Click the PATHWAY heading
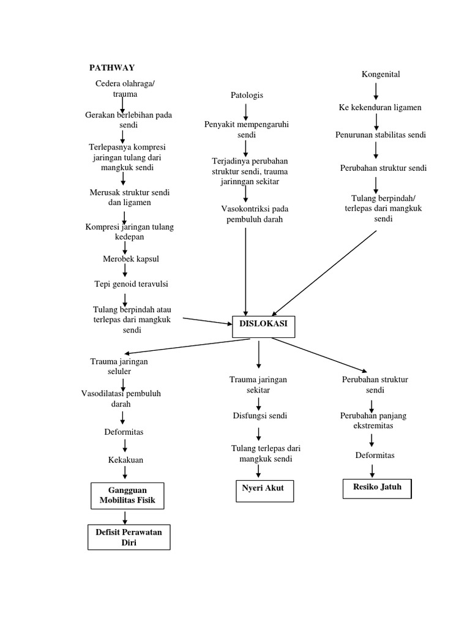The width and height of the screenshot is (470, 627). coord(112,67)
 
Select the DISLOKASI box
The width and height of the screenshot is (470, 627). coord(264,326)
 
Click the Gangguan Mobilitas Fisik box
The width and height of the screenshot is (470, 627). coord(128,495)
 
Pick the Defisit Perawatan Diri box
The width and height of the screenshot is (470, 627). coord(129,537)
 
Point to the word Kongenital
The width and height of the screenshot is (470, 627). coord(381,75)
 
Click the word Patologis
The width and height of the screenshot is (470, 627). coord(247,95)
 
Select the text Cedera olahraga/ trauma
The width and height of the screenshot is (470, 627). coord(125,89)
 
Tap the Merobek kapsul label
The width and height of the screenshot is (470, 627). coord(131,259)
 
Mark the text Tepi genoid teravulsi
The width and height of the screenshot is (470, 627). coord(131,283)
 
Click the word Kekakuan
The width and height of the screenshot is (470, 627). coord(125,459)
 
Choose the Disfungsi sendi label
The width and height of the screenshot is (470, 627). coord(259,416)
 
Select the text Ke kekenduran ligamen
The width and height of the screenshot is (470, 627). coord(380,108)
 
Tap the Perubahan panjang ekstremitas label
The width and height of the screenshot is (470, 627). coord(373,421)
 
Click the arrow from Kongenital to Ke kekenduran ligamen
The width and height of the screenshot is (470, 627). coord(376,91)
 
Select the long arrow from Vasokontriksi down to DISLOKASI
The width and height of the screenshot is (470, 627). coord(246,269)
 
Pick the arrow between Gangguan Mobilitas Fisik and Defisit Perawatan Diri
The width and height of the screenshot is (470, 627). coord(125,517)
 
